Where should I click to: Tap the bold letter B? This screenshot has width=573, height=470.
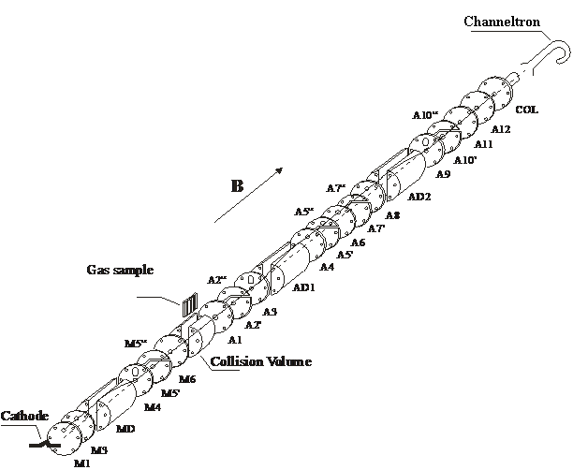tap(238, 185)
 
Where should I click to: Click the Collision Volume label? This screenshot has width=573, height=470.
tap(260, 361)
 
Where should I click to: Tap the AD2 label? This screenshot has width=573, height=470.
tap(419, 197)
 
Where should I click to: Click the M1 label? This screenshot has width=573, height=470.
tap(81, 462)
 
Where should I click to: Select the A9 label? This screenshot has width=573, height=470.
tap(443, 174)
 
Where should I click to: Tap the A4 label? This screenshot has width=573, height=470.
tap(327, 267)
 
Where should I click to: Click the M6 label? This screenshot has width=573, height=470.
tap(187, 379)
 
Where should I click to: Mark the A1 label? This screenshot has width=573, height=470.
tap(235, 340)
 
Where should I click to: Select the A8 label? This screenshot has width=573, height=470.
tap(392, 216)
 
